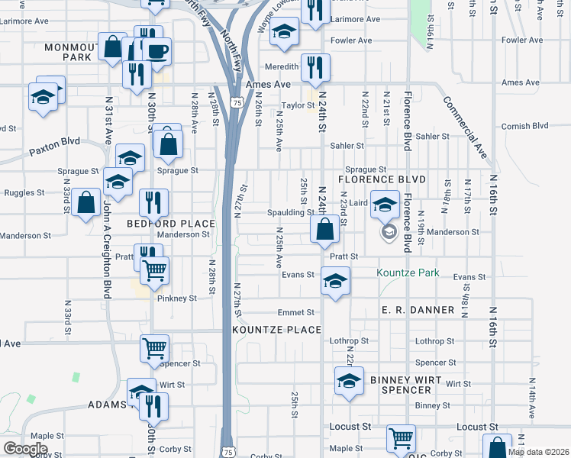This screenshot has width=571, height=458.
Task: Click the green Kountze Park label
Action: pyautogui.click(x=408, y=273)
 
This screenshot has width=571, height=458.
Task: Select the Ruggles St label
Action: pyautogui.click(x=23, y=193)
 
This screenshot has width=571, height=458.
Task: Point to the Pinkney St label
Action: pyautogui.click(x=177, y=298)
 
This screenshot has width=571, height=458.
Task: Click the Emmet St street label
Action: pyautogui.click(x=296, y=312)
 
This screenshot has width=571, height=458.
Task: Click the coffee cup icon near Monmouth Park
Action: pyautogui.click(x=157, y=51)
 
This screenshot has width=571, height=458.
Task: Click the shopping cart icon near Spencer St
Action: pyautogui.click(x=155, y=348)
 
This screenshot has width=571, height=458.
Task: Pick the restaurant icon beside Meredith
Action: pyautogui.click(x=315, y=67)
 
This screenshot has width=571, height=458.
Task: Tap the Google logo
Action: pyautogui.click(x=25, y=449)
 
